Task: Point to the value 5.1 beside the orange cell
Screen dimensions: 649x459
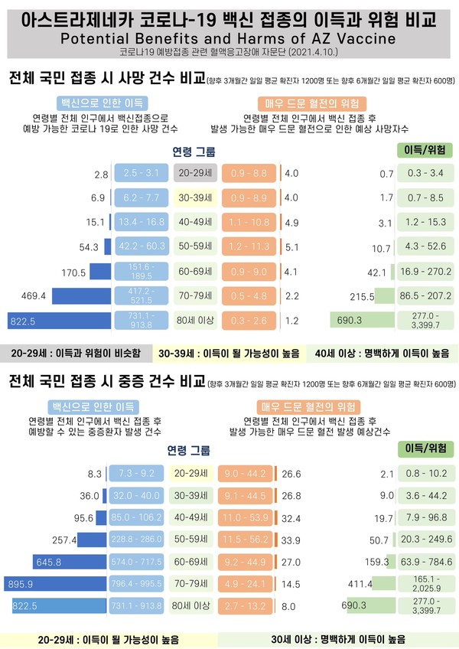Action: pos(291,247)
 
